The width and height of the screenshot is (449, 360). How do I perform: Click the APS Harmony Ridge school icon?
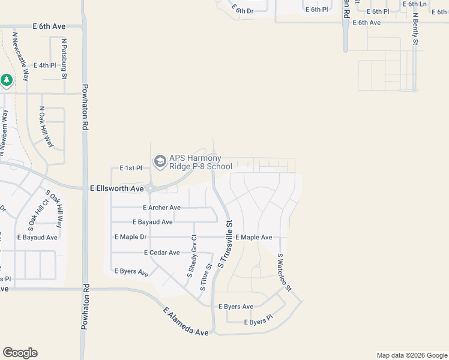pos(160,161)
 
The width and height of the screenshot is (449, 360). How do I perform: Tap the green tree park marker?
pos(7,80)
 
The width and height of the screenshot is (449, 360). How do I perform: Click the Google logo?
pos(20,353)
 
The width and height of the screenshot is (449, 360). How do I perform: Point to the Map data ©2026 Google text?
pos(411,355)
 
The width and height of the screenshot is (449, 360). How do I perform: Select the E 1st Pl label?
pos(130,168)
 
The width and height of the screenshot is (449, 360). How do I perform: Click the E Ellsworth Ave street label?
pos(117,188)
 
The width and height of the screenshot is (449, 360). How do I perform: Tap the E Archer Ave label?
pos(161,208)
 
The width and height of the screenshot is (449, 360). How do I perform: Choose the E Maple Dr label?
pos(130,237)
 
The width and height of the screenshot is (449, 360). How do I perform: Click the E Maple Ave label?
pos(253,238)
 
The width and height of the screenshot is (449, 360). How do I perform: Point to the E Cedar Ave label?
pos(161,253)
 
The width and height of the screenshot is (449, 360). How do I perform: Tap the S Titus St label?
pos(206,277)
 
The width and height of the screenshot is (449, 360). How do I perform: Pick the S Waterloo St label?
pos(284,272)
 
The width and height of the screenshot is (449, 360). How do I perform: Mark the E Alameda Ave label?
pos(186,322)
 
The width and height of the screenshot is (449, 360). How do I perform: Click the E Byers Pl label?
pos(258,322)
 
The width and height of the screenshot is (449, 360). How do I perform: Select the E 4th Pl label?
pos(45,65)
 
